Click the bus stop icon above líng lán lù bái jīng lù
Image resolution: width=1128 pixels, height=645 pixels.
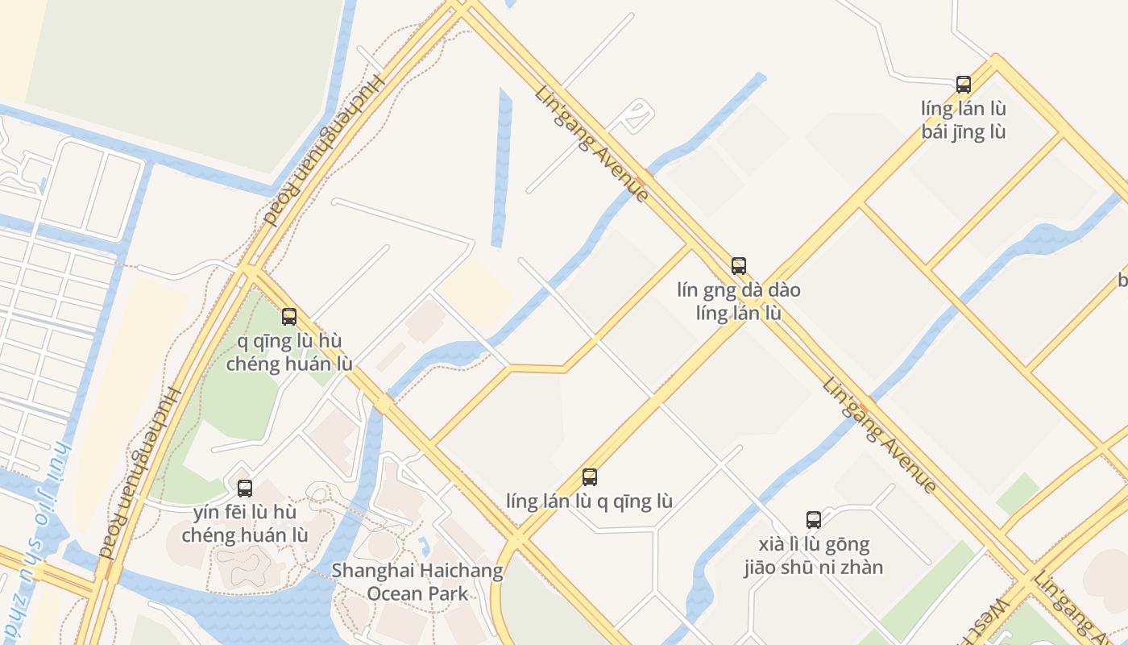tap(963, 84)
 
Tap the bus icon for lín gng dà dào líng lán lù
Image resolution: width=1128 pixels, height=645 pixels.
tap(738, 265)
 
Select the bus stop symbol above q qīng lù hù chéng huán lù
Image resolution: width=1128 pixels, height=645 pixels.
tap(288, 316)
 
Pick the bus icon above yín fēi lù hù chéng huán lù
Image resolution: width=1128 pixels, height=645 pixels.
tap(244, 488)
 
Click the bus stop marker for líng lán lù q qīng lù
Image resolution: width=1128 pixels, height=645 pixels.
tap(589, 476)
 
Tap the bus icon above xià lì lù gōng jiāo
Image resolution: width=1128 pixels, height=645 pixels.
tap(813, 519)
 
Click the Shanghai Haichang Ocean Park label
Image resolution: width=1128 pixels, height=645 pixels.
tap(417, 582)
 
